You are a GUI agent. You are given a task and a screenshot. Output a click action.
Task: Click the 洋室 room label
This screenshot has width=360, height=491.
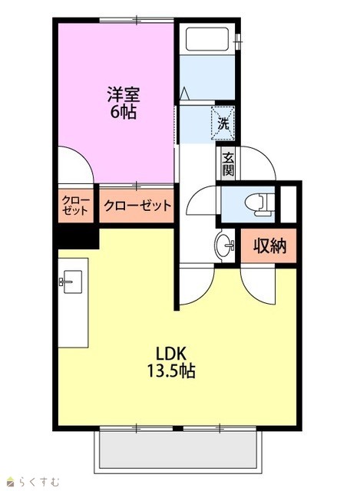[124, 94]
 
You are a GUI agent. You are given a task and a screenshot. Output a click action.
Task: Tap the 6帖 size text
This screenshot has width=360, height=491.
[123, 112]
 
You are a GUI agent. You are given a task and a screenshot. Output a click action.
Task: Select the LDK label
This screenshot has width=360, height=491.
[172, 354]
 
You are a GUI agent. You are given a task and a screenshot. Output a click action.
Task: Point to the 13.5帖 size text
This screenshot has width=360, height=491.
[171, 371]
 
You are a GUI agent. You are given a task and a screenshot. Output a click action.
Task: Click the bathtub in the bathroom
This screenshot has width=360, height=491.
[207, 39]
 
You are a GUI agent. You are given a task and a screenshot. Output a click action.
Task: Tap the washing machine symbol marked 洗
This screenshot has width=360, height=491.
[223, 123]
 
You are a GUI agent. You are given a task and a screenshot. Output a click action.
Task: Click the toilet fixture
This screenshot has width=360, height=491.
[259, 205]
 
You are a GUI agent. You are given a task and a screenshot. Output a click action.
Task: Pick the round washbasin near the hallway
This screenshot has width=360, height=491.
[223, 244]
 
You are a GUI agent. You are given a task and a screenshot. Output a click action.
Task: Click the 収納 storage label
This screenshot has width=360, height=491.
[269, 245]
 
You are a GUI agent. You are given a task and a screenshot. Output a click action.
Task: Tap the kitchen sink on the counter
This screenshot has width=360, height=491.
[71, 282]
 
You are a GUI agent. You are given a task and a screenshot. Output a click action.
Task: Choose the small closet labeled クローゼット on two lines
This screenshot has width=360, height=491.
[75, 205]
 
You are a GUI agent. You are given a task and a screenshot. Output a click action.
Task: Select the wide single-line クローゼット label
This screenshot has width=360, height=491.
[137, 206]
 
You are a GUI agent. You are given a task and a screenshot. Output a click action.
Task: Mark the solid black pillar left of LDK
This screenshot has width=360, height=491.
[76, 238]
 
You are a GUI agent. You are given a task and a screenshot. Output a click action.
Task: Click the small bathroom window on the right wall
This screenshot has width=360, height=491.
[239, 41]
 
